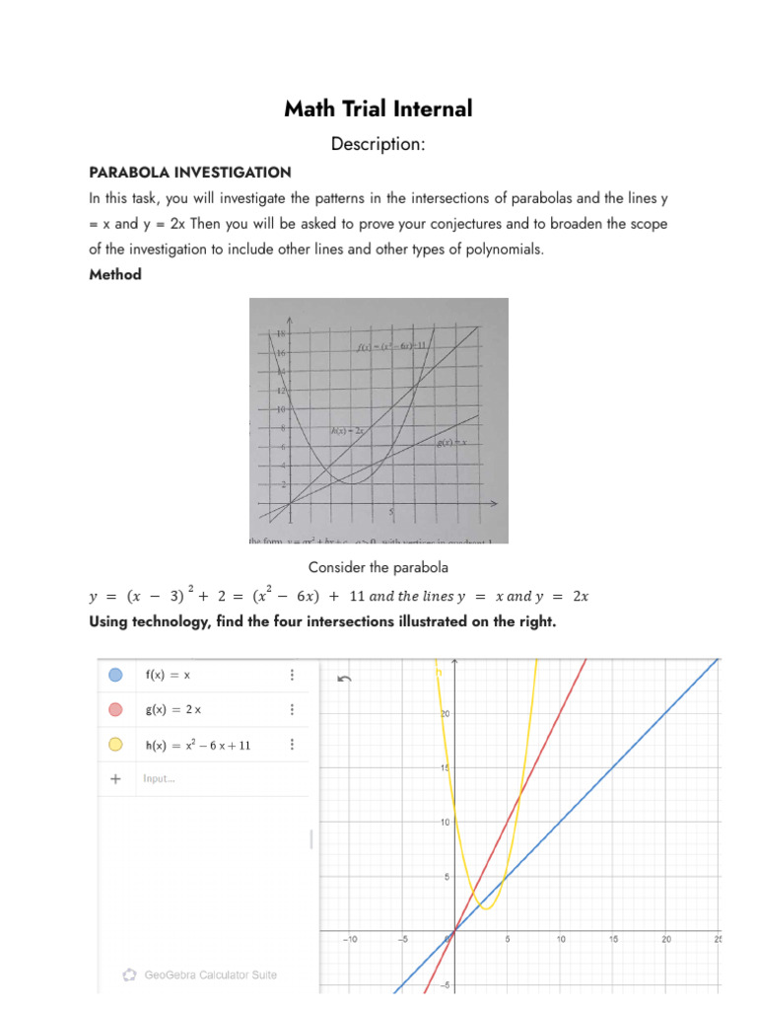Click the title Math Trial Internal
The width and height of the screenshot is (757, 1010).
pyautogui.click(x=378, y=108)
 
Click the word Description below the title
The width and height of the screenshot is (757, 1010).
pyautogui.click(x=378, y=144)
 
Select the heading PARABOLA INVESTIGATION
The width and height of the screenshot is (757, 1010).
pyautogui.click(x=190, y=173)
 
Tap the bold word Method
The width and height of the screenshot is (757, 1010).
pyautogui.click(x=115, y=275)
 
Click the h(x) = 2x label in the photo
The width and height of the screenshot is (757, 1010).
pyautogui.click(x=348, y=431)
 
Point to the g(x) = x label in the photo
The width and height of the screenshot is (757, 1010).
pyautogui.click(x=451, y=443)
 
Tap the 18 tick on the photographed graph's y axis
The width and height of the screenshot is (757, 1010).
pyautogui.click(x=279, y=334)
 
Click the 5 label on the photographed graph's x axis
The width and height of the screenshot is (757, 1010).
pyautogui.click(x=392, y=512)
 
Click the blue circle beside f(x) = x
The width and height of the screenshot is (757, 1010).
pyautogui.click(x=115, y=676)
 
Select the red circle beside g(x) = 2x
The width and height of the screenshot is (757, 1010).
pyautogui.click(x=115, y=710)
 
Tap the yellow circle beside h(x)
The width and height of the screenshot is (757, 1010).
pyautogui.click(x=115, y=745)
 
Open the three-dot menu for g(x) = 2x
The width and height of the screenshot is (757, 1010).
pyautogui.click(x=292, y=710)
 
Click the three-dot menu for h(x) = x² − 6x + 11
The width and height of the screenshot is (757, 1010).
pyautogui.click(x=292, y=745)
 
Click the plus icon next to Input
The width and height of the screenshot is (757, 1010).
pyautogui.click(x=115, y=779)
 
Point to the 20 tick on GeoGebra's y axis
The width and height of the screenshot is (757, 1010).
pyautogui.click(x=444, y=714)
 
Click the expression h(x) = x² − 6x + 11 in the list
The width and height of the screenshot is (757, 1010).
pyautogui.click(x=198, y=745)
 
